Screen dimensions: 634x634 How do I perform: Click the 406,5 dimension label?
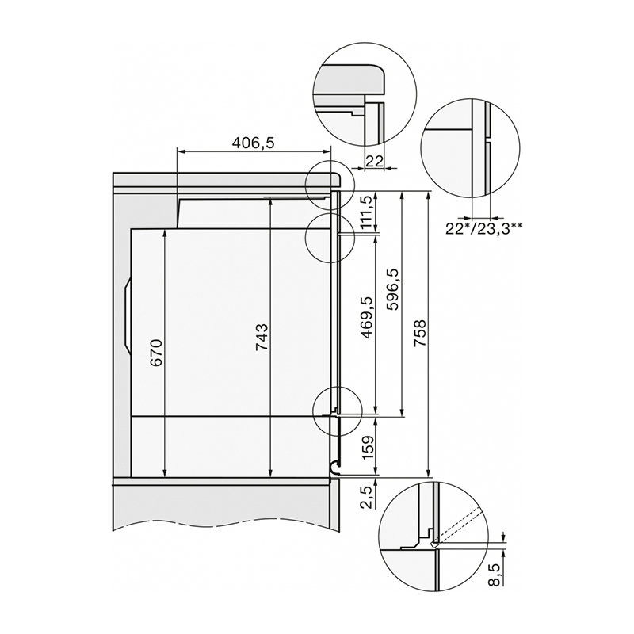pyautogui.click(x=254, y=143)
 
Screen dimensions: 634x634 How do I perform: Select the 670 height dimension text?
pyautogui.click(x=156, y=353)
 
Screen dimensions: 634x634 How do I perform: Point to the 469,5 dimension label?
pyautogui.click(x=368, y=317)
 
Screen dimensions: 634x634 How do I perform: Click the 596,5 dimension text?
pyautogui.click(x=392, y=289)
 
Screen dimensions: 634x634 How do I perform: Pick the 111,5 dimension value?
pyautogui.click(x=368, y=212)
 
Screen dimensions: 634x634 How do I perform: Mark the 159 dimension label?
pyautogui.click(x=368, y=447)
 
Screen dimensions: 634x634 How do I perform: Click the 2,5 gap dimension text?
pyautogui.click(x=368, y=498)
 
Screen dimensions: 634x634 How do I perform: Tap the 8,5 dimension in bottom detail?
pyautogui.click(x=495, y=575)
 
